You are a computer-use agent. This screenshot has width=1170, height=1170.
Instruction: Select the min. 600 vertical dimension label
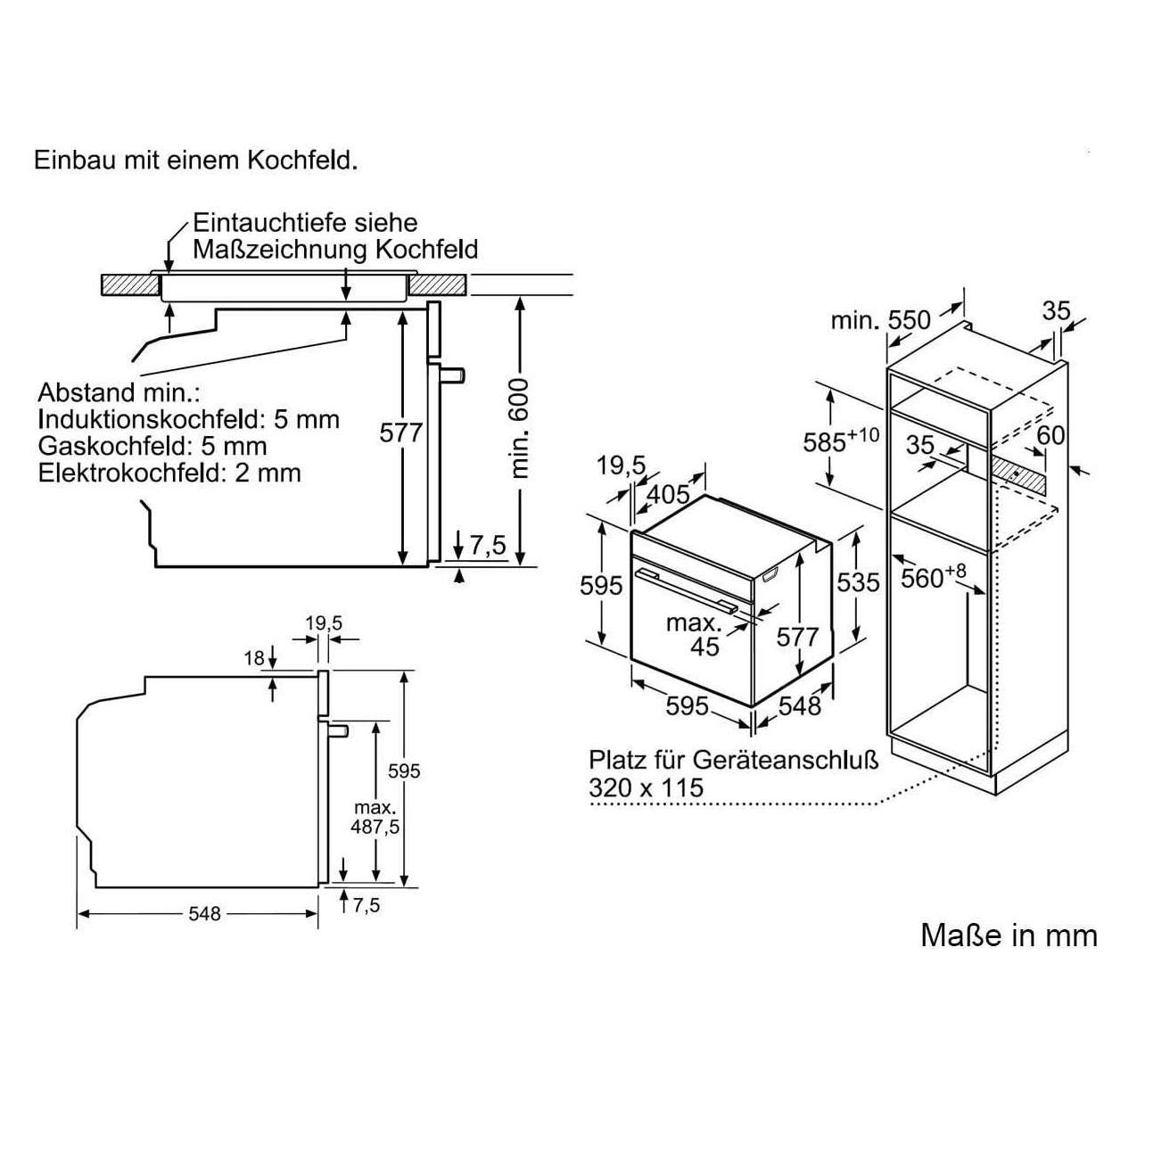520,428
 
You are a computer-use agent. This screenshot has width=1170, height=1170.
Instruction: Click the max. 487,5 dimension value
375,816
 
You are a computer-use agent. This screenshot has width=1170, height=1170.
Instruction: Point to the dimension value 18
255,658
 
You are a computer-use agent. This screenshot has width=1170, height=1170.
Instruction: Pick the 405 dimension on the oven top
668,493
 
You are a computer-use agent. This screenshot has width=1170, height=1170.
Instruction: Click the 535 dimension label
858,582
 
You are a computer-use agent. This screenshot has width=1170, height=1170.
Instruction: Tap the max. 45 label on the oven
696,633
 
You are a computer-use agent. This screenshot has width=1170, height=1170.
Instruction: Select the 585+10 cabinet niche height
840,441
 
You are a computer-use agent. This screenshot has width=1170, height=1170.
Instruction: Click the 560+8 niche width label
933,577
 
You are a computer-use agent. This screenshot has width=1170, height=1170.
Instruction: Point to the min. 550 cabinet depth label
880,319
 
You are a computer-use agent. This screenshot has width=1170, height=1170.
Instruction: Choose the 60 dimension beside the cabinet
1051,435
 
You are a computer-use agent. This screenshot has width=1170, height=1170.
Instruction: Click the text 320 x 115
646,787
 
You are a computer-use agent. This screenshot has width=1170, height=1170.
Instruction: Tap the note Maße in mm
1009,935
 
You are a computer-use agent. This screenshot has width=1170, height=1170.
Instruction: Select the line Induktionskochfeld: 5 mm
188,418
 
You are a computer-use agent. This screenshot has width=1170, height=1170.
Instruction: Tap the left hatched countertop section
130,286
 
